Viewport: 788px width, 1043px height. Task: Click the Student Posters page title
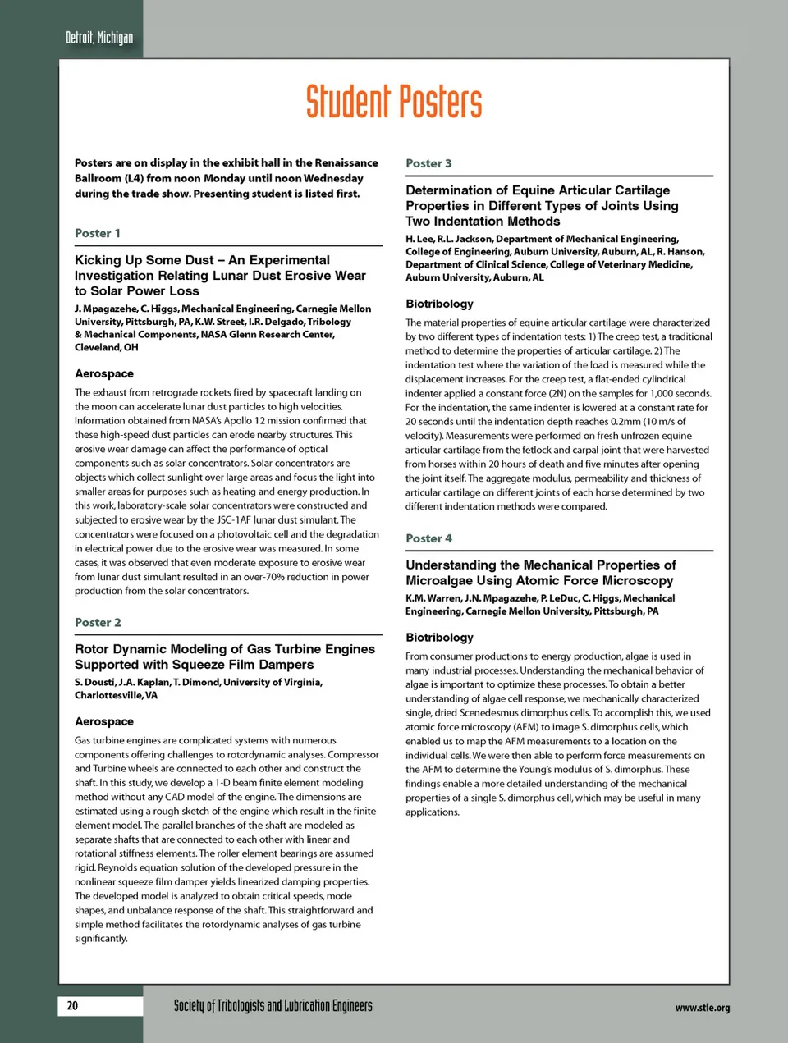(394, 102)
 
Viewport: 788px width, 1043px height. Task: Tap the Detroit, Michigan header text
(98, 38)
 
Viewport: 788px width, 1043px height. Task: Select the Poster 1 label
(98, 233)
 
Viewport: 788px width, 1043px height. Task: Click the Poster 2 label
(98, 622)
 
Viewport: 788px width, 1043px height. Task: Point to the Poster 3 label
(428, 163)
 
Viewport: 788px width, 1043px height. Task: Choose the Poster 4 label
(428, 538)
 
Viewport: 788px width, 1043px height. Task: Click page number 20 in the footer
(72, 1005)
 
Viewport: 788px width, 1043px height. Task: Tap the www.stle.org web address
(702, 1008)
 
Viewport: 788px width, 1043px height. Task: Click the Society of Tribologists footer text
(273, 1006)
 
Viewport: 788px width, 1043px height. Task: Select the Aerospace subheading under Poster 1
(104, 373)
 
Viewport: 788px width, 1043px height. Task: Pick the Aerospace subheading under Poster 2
(104, 721)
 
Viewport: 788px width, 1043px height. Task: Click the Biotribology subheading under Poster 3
(439, 304)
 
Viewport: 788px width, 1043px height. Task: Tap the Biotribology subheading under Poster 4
(439, 637)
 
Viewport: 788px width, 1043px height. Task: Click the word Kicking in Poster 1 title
(98, 260)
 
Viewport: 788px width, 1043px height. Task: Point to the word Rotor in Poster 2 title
(91, 649)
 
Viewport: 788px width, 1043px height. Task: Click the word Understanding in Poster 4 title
(451, 565)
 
